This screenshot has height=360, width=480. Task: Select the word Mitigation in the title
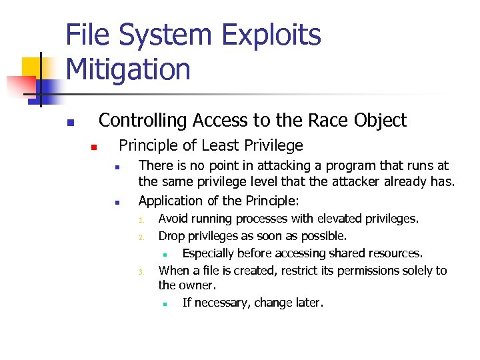coord(128,69)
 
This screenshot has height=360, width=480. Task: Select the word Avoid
coord(173,219)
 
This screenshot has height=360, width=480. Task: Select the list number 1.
coord(141,220)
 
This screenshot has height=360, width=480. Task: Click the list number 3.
coord(141,272)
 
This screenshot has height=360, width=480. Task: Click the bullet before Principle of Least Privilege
coord(95,147)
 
